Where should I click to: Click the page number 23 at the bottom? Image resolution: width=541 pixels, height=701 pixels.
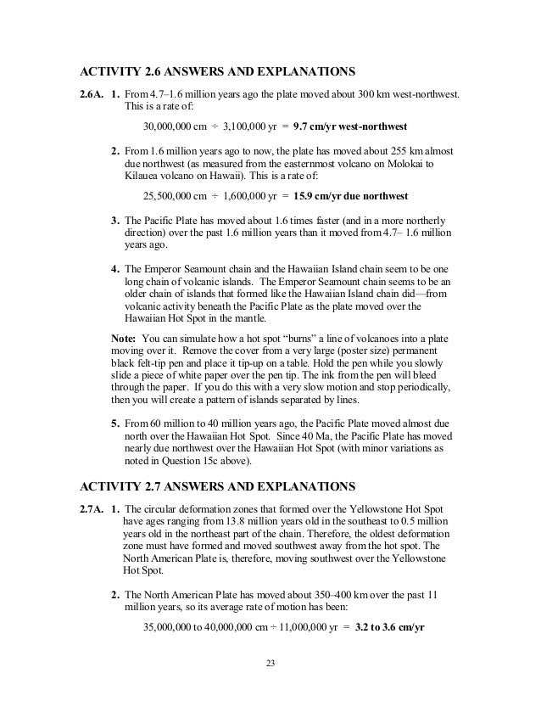click(270, 662)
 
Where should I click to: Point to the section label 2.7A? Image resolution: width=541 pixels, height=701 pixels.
click(91, 508)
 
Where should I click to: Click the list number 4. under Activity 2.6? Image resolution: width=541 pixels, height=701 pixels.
click(116, 270)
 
